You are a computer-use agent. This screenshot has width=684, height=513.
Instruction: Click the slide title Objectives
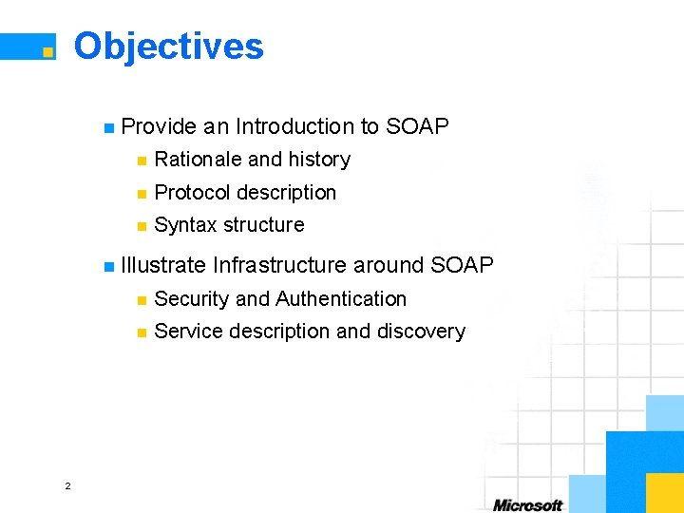(x=168, y=46)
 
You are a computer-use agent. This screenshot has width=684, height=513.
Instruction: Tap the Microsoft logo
(x=527, y=504)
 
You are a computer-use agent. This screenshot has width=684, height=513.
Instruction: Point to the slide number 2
(x=67, y=486)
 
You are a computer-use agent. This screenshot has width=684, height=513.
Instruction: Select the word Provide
(x=159, y=126)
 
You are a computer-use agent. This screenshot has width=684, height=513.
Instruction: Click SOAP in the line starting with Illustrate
(x=462, y=265)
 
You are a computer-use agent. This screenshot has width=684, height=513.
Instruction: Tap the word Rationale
(x=198, y=160)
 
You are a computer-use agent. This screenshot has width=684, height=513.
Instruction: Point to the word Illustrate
(x=162, y=265)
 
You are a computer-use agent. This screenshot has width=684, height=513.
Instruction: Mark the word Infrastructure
(x=280, y=265)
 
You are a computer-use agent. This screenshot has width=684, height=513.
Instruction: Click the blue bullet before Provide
(x=109, y=127)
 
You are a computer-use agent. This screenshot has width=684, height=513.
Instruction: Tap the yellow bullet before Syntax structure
(x=142, y=226)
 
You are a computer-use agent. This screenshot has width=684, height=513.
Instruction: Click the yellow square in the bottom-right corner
(x=664, y=492)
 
